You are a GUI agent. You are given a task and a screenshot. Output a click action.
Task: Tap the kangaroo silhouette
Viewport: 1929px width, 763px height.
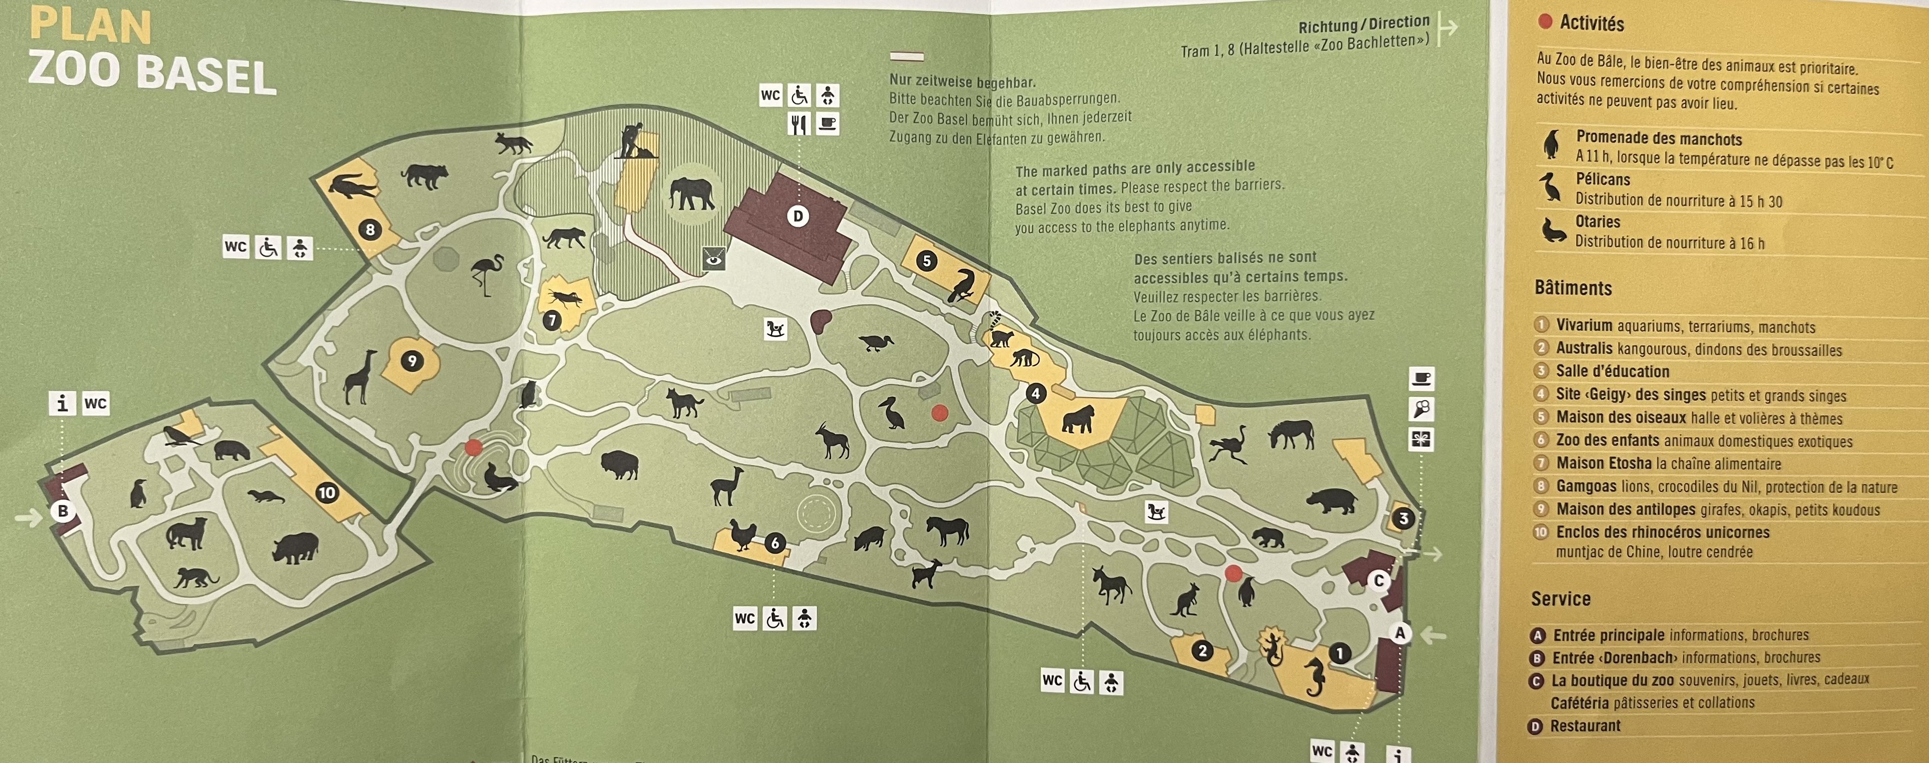(1186, 600)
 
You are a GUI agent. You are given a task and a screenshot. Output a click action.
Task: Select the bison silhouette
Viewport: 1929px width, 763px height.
(620, 464)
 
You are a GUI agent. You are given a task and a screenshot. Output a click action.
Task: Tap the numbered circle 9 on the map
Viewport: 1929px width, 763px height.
(411, 362)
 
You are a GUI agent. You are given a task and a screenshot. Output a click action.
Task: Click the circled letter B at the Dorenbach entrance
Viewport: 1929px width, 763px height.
(63, 511)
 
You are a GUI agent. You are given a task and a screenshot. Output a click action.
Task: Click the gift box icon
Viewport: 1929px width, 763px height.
(1421, 439)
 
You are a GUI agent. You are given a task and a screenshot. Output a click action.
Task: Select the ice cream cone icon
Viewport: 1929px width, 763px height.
(1421, 409)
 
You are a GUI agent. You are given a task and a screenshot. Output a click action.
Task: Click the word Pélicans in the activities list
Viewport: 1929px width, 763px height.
(1602, 180)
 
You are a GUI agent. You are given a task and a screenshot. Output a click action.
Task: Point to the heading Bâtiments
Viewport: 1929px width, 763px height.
(1572, 288)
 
